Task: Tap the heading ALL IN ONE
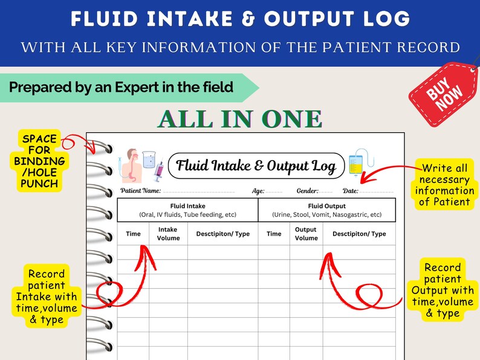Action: click(x=239, y=119)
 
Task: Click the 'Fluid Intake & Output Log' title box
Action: click(x=256, y=166)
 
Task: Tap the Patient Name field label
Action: click(x=140, y=191)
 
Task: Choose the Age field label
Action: click(x=258, y=191)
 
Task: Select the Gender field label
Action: click(x=307, y=191)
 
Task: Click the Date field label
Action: click(x=350, y=191)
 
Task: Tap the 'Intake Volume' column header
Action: click(x=168, y=234)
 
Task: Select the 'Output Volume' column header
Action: click(x=306, y=234)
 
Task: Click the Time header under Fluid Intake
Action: click(x=133, y=234)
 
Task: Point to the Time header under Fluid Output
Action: click(x=274, y=234)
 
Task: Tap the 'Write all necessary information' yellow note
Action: click(x=446, y=185)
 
